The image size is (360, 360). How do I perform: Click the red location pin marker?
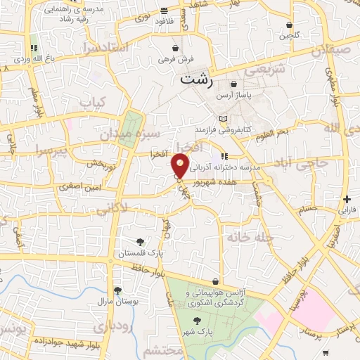pos(180,166)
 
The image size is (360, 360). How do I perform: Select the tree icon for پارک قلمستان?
pos(140,243)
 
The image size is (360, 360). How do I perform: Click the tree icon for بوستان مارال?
pos(117,290)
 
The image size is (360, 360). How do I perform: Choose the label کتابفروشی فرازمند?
pos(224,131)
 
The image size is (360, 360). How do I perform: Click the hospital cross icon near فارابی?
pos(346,199)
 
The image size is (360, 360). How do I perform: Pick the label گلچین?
pos(290,35)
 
